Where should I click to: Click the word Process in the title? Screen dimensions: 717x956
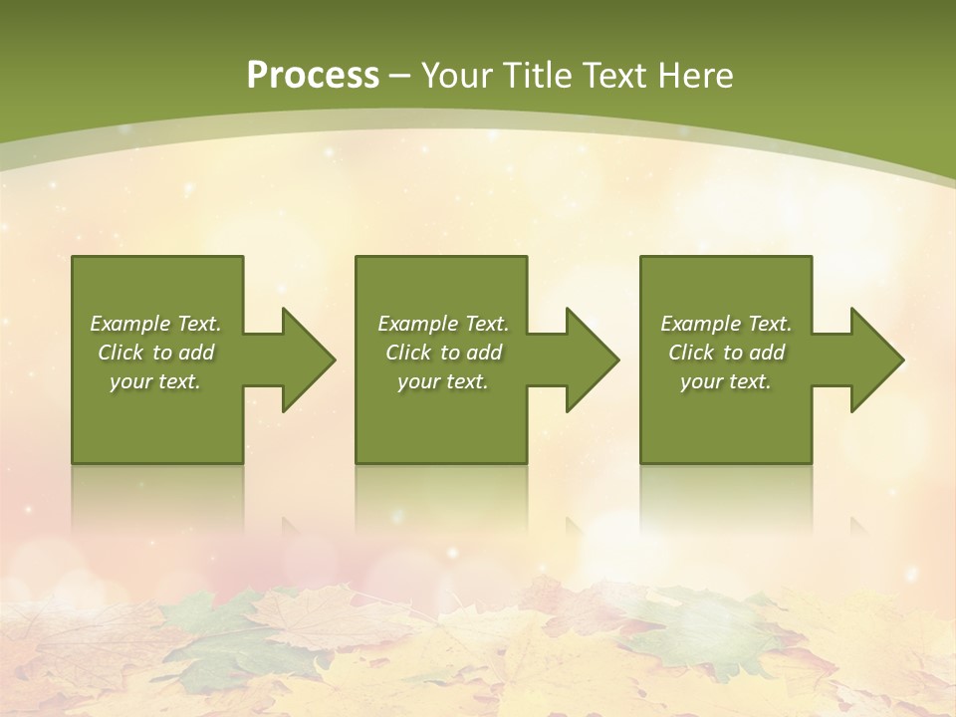point(313,75)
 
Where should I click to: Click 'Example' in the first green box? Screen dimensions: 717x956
point(130,324)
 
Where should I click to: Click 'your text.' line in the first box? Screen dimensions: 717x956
point(155,381)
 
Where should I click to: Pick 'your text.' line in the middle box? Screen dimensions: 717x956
point(443,381)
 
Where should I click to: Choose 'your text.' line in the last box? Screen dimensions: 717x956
point(726,381)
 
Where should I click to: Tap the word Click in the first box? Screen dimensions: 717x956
point(119,353)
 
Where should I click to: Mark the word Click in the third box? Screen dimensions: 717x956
point(691,353)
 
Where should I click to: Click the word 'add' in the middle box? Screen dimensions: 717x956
point(483,353)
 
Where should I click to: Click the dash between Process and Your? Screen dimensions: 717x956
point(400,76)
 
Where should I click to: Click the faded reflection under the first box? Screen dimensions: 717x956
point(157,498)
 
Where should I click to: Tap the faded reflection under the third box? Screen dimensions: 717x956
point(726,498)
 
